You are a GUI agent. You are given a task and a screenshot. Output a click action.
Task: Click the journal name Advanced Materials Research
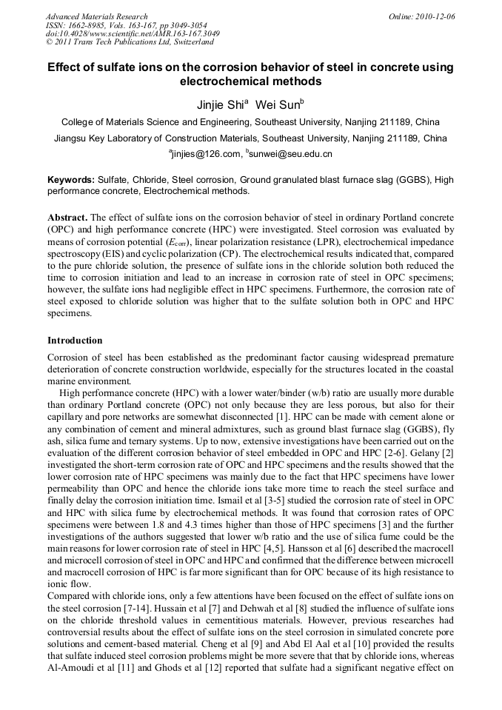click(x=96, y=16)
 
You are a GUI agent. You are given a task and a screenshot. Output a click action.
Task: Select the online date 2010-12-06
click(x=435, y=16)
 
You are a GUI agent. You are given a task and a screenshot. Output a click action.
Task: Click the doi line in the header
click(x=133, y=34)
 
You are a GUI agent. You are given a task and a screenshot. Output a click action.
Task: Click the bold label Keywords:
click(x=71, y=180)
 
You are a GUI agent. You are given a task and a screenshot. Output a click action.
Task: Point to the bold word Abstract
click(x=67, y=218)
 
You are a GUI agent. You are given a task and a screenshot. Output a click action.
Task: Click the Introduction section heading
click(x=75, y=341)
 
